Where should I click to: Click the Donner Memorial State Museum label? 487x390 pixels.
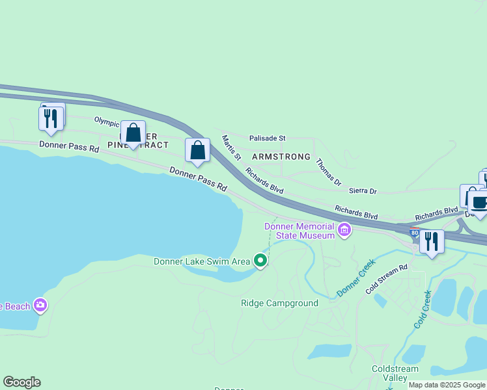(x=299, y=230)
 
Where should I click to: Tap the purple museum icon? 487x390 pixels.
(x=344, y=229)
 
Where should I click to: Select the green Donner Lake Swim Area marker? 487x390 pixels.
(x=260, y=261)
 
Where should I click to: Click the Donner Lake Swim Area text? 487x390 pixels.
(x=202, y=261)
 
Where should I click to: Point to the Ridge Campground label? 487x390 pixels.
(x=279, y=303)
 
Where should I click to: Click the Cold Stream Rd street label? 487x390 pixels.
(x=386, y=279)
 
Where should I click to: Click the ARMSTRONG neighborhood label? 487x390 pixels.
(x=281, y=157)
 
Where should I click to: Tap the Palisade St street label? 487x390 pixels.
(x=268, y=138)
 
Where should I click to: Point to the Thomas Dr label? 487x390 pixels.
(x=328, y=172)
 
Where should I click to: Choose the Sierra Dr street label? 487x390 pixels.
(x=363, y=191)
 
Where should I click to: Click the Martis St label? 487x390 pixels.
(x=231, y=148)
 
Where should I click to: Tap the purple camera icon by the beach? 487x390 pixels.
(x=40, y=305)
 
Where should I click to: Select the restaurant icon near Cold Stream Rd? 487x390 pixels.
(x=432, y=241)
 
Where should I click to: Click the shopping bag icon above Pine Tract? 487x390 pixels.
(x=133, y=133)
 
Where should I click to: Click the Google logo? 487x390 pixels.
(x=21, y=382)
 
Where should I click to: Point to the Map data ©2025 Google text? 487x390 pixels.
(x=447, y=385)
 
